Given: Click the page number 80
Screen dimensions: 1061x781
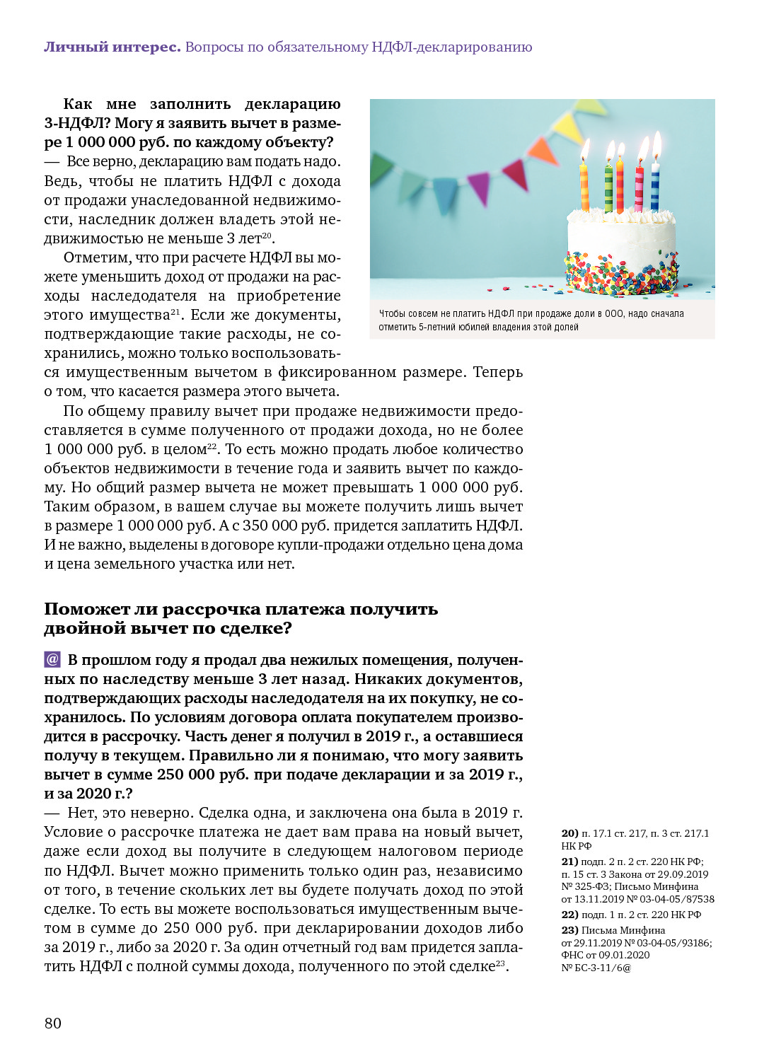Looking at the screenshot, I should [53, 1023].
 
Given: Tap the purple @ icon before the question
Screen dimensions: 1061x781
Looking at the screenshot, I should [52, 659].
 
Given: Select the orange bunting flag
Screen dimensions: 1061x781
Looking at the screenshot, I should [543, 150].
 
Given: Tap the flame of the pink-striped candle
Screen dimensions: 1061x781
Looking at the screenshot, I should [642, 149].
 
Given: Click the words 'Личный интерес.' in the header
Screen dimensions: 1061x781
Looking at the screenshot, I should [112, 47].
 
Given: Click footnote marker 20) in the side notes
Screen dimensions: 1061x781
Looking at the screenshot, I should [569, 833].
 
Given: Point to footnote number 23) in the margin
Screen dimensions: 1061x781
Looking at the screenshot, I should [569, 930].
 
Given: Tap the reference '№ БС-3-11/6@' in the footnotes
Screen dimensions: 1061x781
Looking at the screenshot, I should [596, 968].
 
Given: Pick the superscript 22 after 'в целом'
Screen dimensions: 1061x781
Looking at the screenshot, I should [212, 446].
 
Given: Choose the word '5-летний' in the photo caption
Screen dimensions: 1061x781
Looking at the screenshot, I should [437, 327].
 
